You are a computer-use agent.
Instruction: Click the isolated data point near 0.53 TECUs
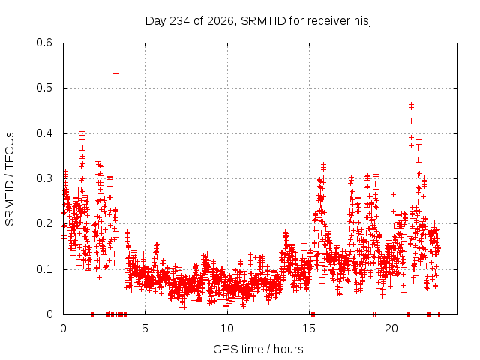[x=115, y=73]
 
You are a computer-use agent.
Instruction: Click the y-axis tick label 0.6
[x=44, y=43]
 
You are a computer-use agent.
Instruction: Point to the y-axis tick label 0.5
[x=44, y=88]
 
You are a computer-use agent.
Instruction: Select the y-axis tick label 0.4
[x=44, y=133]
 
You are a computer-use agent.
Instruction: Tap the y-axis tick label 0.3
[x=44, y=178]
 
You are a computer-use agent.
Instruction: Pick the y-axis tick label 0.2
[x=44, y=223]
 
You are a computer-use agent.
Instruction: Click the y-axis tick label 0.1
[x=44, y=269]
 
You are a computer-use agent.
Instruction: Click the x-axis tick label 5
[x=145, y=328]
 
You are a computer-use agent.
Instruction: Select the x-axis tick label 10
[x=227, y=328]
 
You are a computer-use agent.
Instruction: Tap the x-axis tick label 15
[x=309, y=328]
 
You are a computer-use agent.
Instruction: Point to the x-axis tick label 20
[x=391, y=328]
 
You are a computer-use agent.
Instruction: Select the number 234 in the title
[x=180, y=21]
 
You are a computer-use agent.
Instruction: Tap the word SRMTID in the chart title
[x=263, y=21]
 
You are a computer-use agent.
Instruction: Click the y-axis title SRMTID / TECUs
[x=10, y=179]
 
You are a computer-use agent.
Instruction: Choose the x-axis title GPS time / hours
[x=258, y=349]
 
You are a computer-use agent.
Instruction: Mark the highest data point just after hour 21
[x=412, y=105]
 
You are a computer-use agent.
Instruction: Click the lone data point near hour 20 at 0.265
[x=394, y=194]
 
